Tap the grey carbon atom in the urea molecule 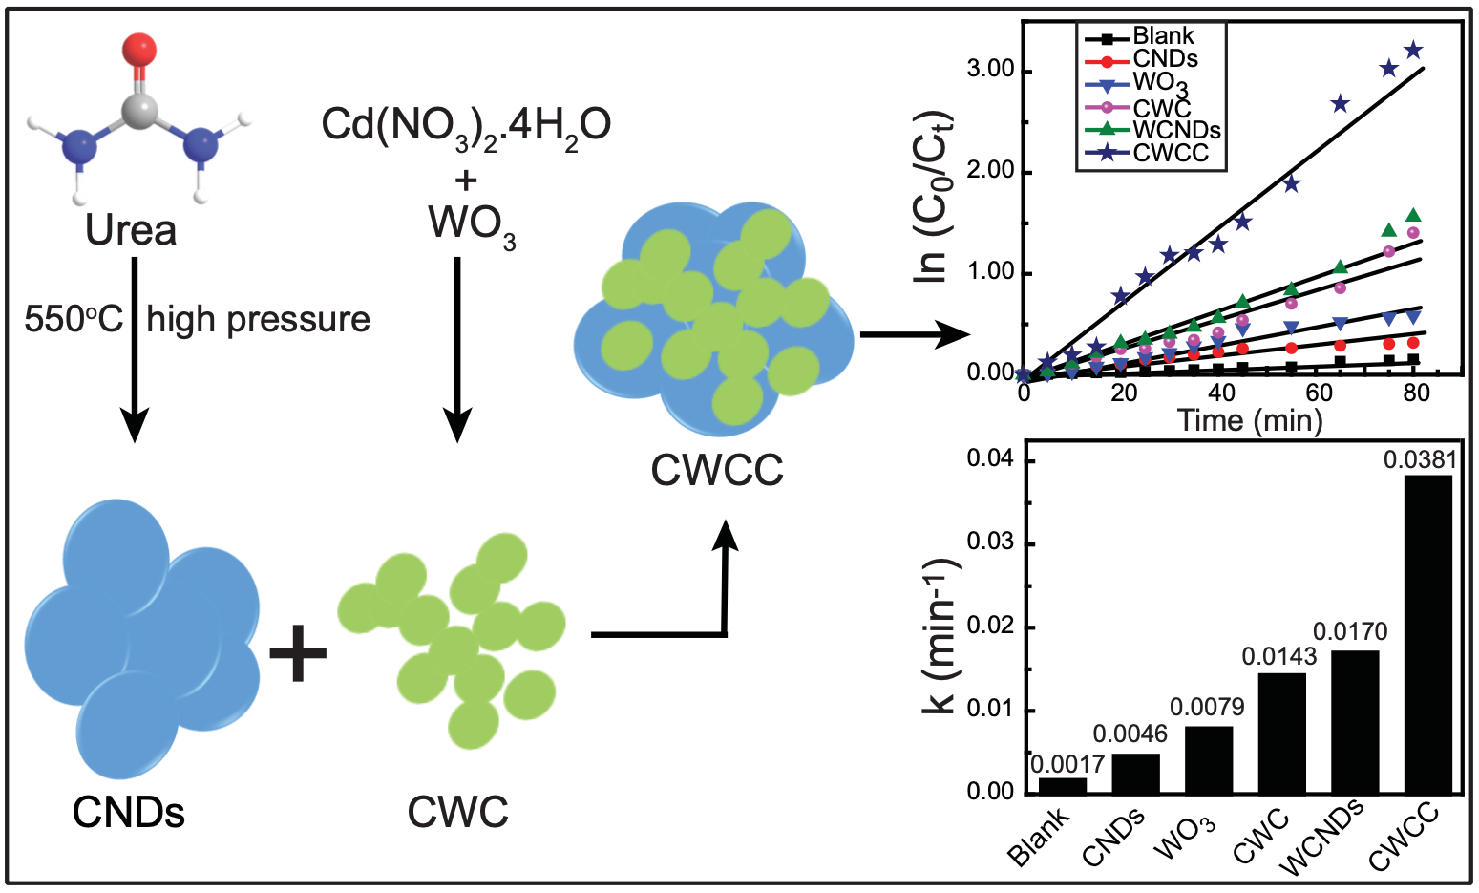(139, 111)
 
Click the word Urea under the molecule (131, 230)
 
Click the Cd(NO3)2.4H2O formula (466, 126)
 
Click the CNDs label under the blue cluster (129, 813)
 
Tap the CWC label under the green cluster (457, 813)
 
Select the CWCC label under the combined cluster (716, 470)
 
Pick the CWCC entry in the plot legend (1171, 154)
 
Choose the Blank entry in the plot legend (1163, 37)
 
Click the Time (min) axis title (1249, 420)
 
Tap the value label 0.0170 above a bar (1350, 631)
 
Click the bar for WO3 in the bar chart (1209, 759)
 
